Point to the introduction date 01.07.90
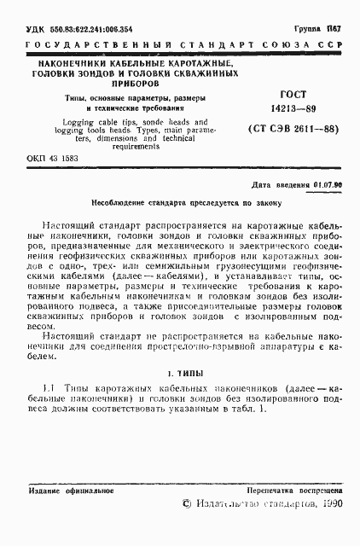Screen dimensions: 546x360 tap(328, 184)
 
